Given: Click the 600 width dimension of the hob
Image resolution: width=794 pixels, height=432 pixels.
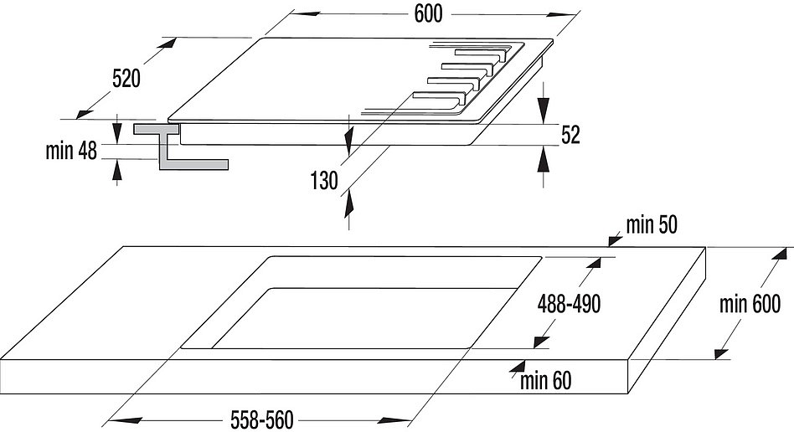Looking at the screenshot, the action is [428, 14].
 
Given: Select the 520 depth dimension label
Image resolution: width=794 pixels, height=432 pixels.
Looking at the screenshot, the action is [126, 79].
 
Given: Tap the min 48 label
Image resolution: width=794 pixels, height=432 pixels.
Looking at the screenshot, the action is [71, 151].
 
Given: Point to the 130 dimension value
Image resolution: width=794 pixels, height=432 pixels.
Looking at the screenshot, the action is [324, 180].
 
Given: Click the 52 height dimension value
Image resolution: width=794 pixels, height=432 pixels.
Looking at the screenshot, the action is [570, 135].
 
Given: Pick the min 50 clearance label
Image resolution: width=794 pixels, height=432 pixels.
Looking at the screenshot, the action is [652, 225].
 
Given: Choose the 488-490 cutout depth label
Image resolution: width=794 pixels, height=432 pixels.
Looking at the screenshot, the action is [570, 304].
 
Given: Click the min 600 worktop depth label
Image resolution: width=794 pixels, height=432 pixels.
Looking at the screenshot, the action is [750, 304].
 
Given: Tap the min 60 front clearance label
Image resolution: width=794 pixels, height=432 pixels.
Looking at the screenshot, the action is [546, 381].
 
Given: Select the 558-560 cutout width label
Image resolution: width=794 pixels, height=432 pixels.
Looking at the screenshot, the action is [262, 419].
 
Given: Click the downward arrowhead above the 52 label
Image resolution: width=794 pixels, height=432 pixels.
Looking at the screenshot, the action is [544, 111].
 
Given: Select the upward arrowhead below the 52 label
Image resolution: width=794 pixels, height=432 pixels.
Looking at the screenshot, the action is [544, 158].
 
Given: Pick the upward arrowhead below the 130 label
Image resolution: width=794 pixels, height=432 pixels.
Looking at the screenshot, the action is [348, 205].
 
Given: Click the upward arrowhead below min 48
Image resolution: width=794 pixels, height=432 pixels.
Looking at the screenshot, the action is [117, 170].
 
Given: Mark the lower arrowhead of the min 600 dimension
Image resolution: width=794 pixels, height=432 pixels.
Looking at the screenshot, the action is [721, 352].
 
